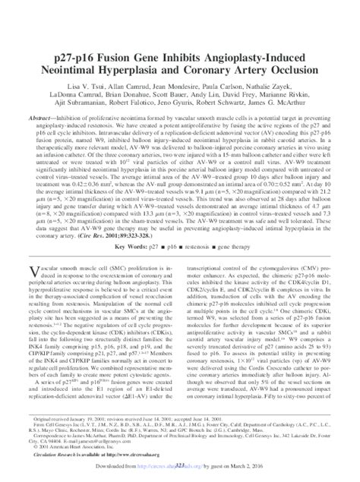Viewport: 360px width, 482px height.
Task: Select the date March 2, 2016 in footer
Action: tap(279, 471)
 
